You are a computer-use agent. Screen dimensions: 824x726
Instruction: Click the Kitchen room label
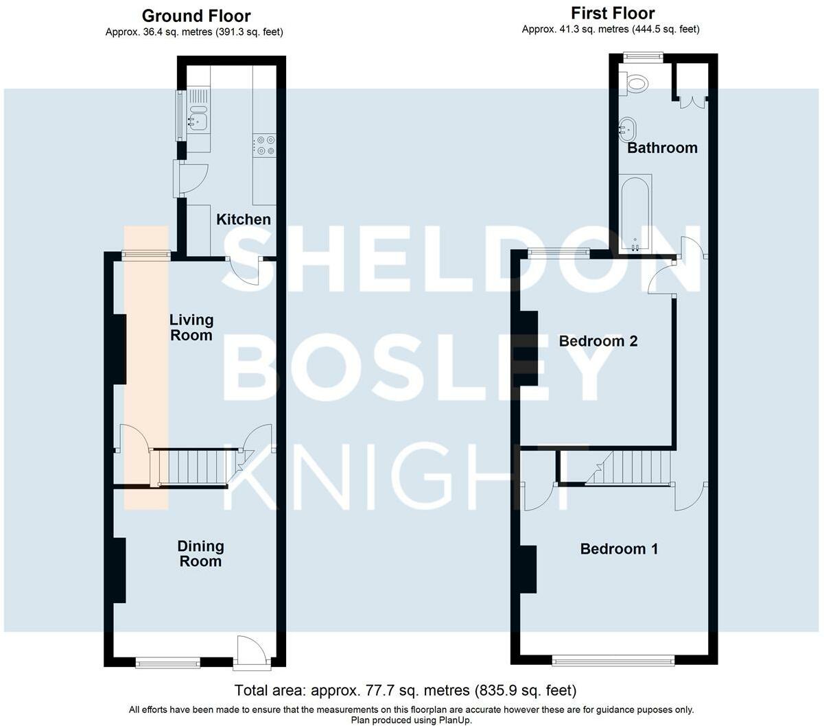coord(243,219)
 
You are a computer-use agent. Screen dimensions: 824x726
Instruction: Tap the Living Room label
coord(191,327)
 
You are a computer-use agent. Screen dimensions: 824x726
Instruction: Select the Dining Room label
coord(200,554)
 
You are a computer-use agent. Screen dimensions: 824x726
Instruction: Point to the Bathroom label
coord(662,148)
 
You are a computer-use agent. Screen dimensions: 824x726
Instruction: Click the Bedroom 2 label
coord(598,341)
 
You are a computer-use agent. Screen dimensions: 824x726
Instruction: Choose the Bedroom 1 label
coord(619,549)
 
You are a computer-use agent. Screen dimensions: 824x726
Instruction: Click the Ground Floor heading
coord(196,16)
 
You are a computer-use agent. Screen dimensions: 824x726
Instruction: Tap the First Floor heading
coord(613,13)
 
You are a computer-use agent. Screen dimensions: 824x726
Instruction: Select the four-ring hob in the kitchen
coord(264,145)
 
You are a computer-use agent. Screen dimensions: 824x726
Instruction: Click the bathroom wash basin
coord(626,129)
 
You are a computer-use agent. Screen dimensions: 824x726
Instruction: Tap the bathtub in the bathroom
coord(635,213)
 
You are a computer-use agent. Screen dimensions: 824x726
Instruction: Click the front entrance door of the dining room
coord(252,653)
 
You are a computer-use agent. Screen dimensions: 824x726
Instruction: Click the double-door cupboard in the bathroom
coord(693,102)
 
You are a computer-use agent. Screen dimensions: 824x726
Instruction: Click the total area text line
coord(405,690)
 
